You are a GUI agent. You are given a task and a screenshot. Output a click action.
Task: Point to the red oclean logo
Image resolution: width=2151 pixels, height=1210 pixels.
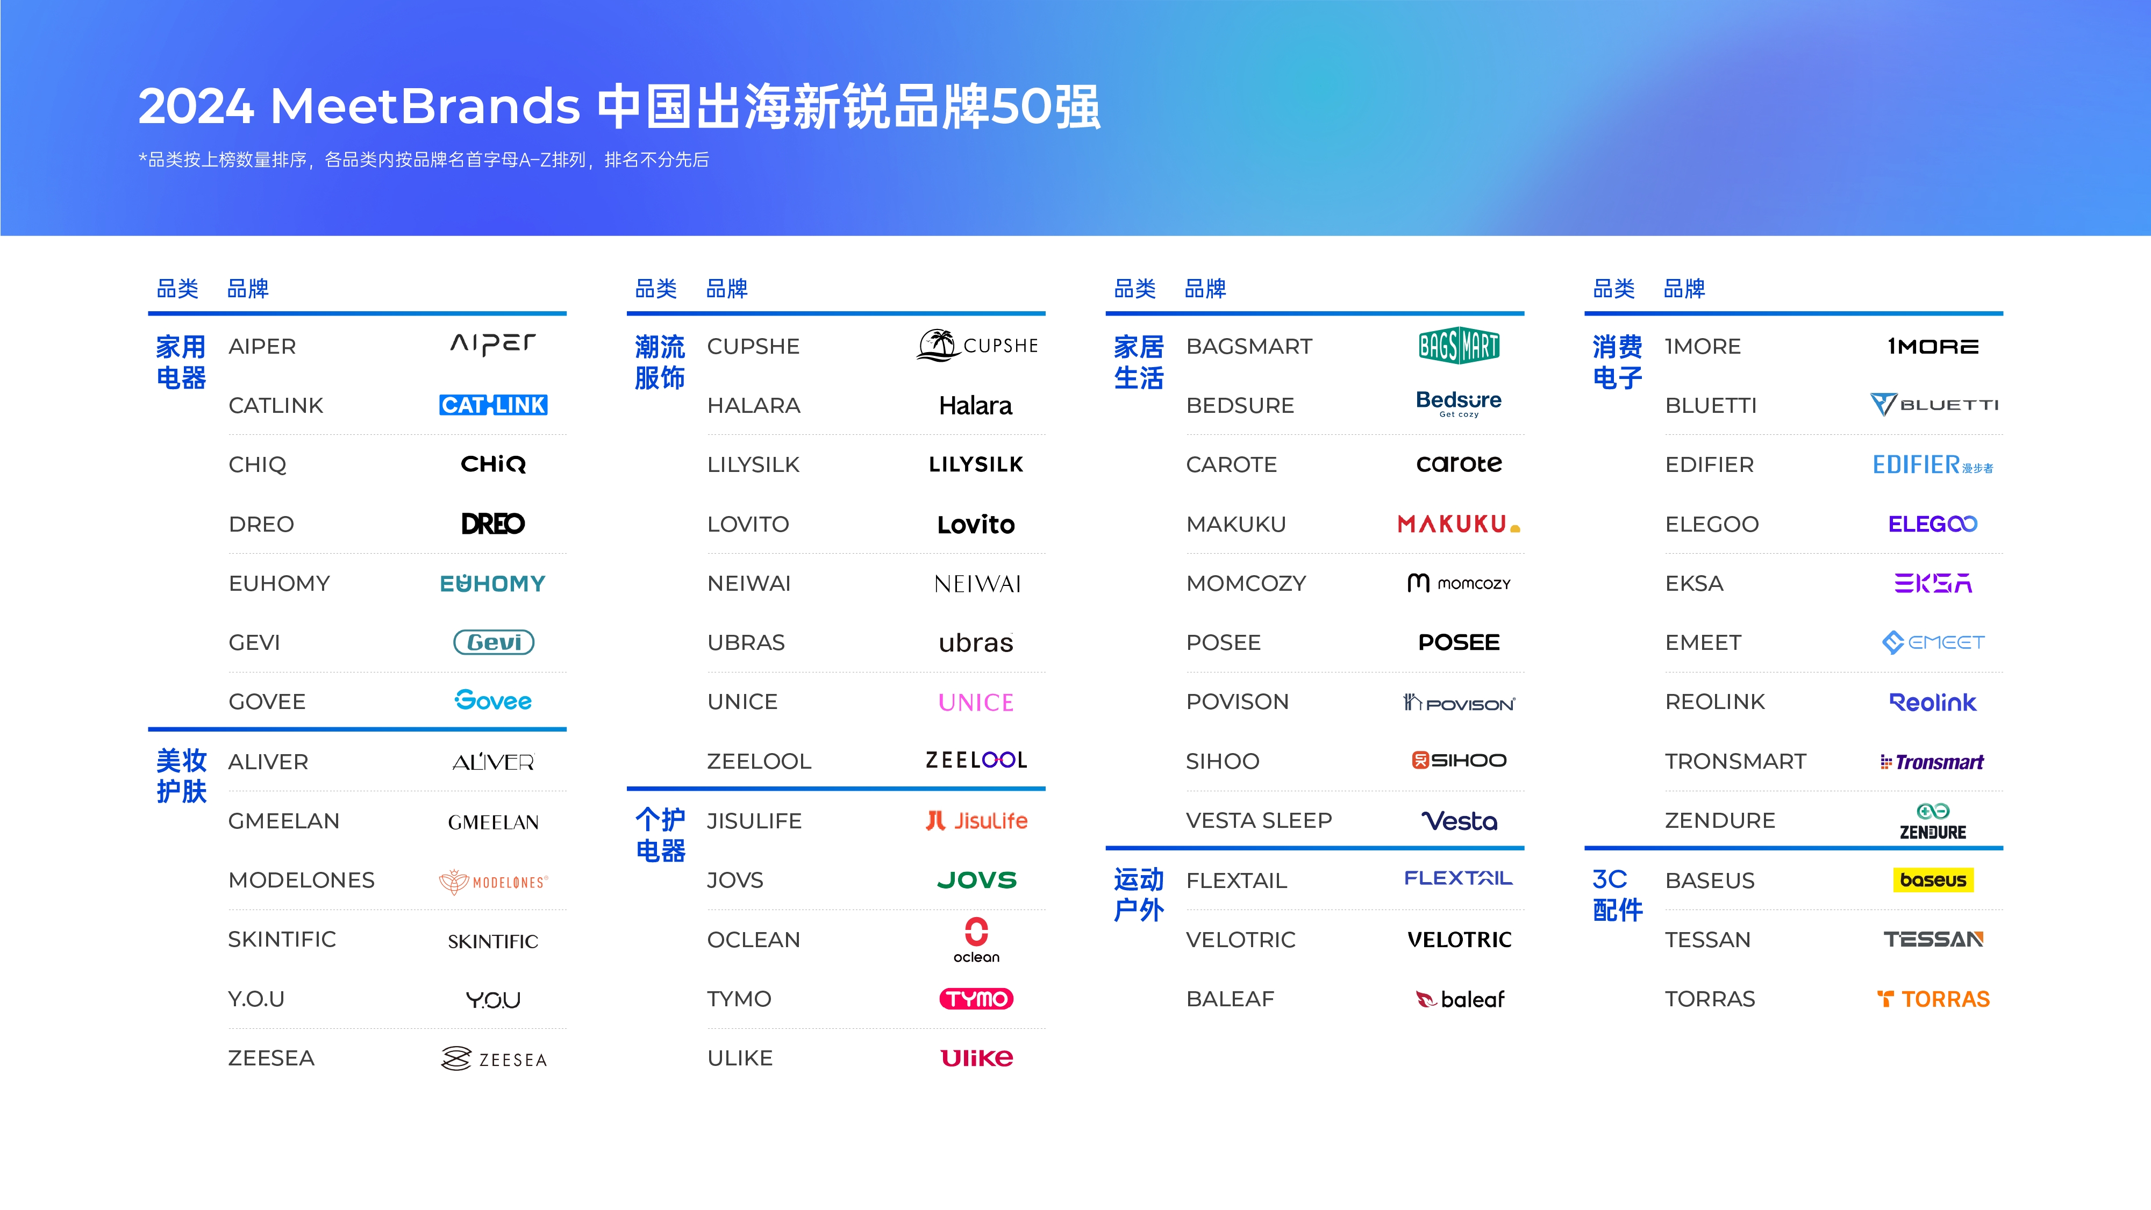976,940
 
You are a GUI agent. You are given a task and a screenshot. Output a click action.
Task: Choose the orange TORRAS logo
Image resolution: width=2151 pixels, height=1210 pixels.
1933,999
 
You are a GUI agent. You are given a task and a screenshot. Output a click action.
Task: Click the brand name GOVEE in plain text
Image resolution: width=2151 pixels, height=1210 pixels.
267,701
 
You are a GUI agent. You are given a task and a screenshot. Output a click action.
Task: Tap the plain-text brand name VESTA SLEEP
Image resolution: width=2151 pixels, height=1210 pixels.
1259,820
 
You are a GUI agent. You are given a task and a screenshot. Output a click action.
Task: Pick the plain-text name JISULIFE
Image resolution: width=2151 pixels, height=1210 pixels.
754,821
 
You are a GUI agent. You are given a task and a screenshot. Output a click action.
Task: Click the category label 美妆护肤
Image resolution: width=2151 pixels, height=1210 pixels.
181,776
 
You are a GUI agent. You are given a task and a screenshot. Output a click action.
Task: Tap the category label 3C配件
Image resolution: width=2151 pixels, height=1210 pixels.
1618,894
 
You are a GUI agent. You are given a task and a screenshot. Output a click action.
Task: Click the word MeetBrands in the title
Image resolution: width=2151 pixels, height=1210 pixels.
425,107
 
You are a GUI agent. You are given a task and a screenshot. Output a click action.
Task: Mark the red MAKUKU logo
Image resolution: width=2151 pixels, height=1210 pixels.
1459,524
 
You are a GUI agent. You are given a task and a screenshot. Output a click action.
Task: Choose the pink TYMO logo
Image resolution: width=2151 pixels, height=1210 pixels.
976,999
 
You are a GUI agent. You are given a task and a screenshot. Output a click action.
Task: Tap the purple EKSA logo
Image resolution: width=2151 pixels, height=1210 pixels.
1933,583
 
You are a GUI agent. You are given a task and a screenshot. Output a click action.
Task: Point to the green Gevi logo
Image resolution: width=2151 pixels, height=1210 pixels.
494,642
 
